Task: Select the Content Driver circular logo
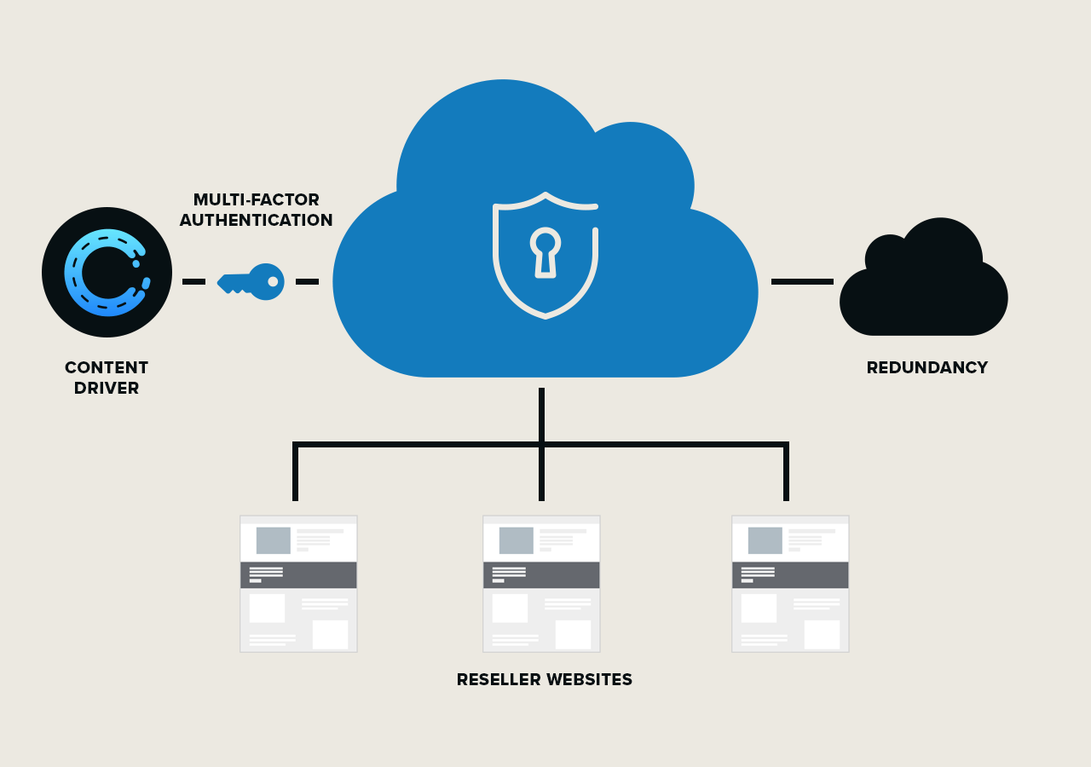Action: click(x=107, y=273)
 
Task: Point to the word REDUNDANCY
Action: click(x=926, y=368)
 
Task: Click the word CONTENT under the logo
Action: click(x=107, y=368)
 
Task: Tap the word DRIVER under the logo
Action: click(x=107, y=389)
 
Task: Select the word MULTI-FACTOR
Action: click(x=256, y=200)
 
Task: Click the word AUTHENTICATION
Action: click(x=256, y=221)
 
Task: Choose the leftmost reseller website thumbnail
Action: click(x=298, y=584)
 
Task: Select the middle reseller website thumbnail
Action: click(x=541, y=584)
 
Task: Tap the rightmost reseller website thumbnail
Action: click(x=790, y=584)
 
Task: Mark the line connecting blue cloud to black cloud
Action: click(x=802, y=281)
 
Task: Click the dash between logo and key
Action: click(x=193, y=281)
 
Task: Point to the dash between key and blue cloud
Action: click(x=307, y=281)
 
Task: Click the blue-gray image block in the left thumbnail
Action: click(x=273, y=540)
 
